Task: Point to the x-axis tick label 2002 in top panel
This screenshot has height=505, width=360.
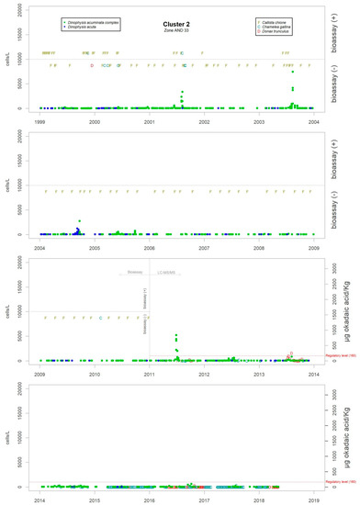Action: (204, 120)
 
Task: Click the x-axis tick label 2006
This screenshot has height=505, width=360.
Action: (149, 248)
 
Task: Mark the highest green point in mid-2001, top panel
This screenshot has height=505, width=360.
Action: (182, 92)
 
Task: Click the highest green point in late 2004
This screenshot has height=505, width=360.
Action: (80, 221)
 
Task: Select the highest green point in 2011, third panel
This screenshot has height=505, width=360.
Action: (175, 335)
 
